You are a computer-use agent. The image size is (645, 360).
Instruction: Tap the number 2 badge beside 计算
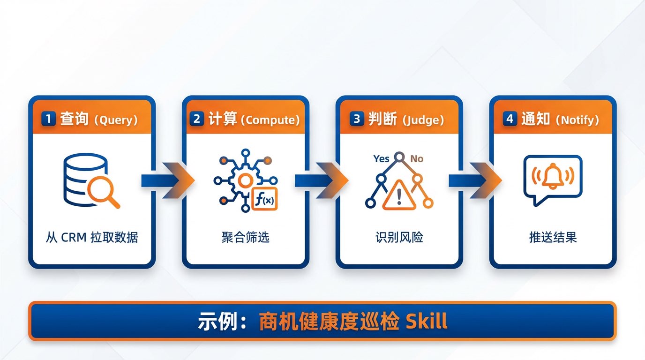coord(197,119)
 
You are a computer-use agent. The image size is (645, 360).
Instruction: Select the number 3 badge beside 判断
coord(357,119)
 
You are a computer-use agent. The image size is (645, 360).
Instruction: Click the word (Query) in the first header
coord(116,120)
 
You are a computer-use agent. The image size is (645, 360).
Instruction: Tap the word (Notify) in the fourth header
coord(577,120)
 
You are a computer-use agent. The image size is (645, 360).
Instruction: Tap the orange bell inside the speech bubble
coord(553,176)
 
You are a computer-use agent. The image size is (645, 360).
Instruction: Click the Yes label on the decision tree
coord(381,158)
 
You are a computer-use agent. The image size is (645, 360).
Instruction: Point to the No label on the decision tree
coord(417,158)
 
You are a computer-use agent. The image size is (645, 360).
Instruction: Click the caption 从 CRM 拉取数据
coord(92,237)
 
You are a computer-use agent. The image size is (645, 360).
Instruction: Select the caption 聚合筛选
coord(246,237)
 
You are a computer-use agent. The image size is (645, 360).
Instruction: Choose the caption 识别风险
coord(399,237)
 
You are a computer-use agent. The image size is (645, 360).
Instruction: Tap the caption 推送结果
coord(553,237)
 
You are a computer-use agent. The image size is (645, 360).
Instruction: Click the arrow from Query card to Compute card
coord(168,180)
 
